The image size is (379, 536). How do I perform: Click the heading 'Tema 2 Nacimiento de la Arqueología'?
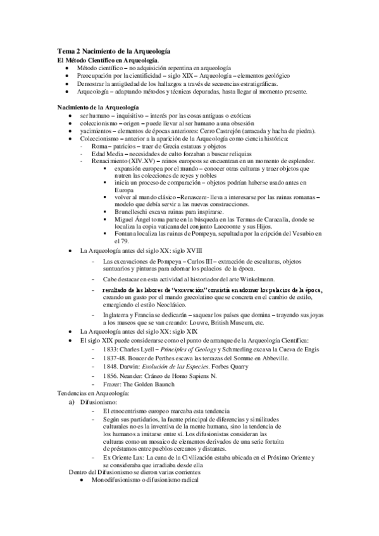point(114,51)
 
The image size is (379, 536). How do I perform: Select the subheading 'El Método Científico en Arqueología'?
point(104,59)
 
